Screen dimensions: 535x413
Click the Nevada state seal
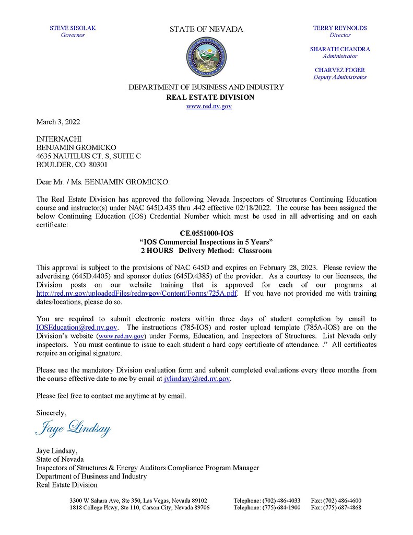(x=206, y=58)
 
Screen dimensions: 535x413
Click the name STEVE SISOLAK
(x=73, y=28)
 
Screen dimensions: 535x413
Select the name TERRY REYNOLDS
(x=340, y=28)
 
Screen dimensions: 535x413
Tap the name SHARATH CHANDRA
(x=340, y=49)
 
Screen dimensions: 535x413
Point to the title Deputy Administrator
(x=340, y=77)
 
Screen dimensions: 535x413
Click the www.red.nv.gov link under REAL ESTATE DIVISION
(x=209, y=106)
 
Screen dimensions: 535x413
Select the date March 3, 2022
(x=58, y=122)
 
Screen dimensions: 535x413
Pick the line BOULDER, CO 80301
(x=72, y=164)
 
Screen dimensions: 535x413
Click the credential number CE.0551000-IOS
(x=206, y=234)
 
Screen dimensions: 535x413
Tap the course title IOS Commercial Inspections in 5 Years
(x=206, y=242)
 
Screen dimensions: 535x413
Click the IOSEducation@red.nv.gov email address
(x=76, y=328)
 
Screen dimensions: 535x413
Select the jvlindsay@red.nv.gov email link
(x=193, y=379)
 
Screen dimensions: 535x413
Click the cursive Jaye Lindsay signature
(x=73, y=428)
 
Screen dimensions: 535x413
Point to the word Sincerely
(x=51, y=413)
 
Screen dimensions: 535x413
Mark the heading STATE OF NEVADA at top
(x=206, y=29)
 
